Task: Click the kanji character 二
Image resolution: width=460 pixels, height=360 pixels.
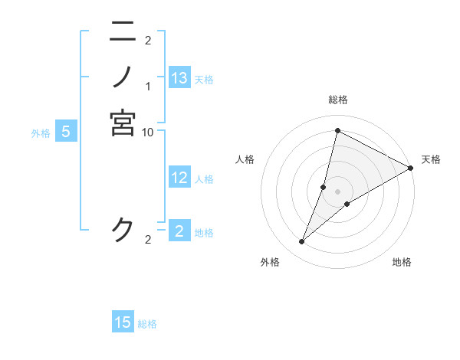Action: tap(123, 31)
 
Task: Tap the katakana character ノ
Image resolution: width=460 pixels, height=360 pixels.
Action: tap(123, 77)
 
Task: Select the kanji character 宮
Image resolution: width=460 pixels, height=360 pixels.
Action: tap(123, 123)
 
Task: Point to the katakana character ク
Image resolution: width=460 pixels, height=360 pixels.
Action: tap(123, 230)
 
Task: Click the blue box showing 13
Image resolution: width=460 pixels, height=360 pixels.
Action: tap(179, 78)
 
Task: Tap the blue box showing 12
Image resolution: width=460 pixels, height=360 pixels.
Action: tap(179, 178)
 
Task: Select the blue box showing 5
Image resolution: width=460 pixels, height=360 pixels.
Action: tap(66, 132)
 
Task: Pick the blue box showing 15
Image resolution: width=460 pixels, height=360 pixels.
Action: tap(123, 322)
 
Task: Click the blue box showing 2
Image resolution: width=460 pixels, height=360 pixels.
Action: tap(179, 231)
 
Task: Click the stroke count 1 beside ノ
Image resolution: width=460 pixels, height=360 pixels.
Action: tap(148, 86)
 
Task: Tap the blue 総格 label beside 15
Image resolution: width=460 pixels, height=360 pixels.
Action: tap(147, 324)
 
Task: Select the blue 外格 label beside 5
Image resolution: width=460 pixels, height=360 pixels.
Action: tap(41, 133)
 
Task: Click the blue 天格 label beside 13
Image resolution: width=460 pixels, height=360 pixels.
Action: tap(204, 80)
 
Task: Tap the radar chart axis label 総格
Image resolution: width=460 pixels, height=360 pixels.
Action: tap(337, 100)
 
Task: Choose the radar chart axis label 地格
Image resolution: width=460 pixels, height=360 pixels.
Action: tap(402, 263)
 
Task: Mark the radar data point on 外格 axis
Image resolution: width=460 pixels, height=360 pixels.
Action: tap(302, 242)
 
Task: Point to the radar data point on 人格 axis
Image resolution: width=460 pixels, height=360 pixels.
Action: tap(324, 186)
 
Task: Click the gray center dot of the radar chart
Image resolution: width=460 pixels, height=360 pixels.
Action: tap(337, 191)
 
